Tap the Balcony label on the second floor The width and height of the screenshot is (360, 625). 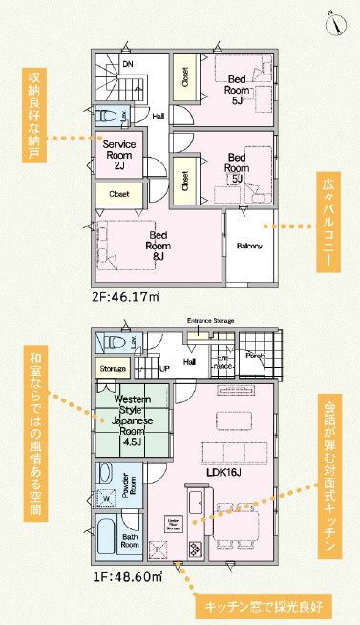click(x=250, y=246)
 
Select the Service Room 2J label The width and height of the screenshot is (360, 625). click(x=119, y=154)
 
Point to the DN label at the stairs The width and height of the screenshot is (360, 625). click(x=127, y=65)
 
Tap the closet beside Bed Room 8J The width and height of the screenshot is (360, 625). click(x=119, y=193)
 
